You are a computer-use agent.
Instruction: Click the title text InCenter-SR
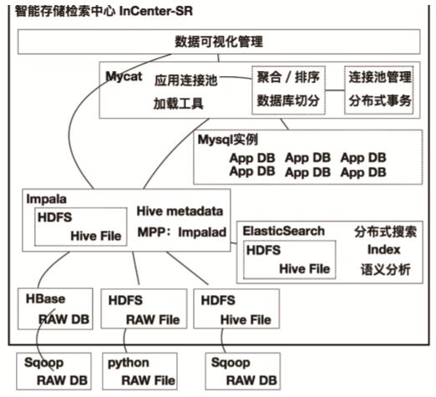click(x=156, y=11)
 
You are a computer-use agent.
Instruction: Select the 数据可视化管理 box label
click(x=219, y=42)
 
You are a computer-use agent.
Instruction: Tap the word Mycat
click(x=124, y=76)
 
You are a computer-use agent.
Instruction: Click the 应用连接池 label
click(x=185, y=80)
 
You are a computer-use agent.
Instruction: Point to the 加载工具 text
click(x=179, y=104)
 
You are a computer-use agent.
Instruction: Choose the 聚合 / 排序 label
click(x=288, y=77)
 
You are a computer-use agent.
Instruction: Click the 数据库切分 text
click(x=288, y=100)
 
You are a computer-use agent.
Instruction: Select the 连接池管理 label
click(x=380, y=77)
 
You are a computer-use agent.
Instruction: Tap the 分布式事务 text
click(x=380, y=100)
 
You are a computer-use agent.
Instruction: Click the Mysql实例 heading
click(x=228, y=140)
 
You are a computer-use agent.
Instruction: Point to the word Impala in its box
click(x=47, y=200)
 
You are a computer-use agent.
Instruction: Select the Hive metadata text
click(x=180, y=211)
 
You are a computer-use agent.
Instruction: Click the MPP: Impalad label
click(x=182, y=232)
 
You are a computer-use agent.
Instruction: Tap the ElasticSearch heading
click(x=284, y=231)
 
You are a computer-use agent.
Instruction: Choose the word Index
click(x=383, y=250)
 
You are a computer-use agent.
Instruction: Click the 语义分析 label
click(x=386, y=269)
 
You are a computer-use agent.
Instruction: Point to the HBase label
click(x=46, y=299)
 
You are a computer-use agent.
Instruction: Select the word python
click(x=129, y=363)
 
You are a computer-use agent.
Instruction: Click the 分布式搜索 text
click(x=386, y=232)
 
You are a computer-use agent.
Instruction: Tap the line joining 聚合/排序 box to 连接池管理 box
click(x=335, y=90)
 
